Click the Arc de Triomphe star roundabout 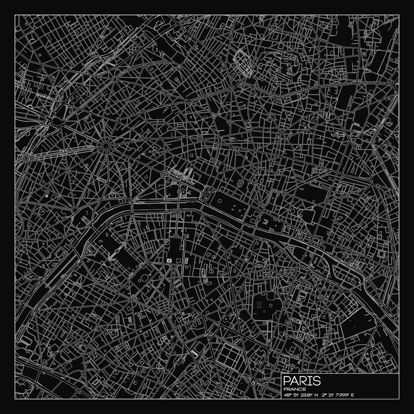pyautogui.click(x=106, y=146)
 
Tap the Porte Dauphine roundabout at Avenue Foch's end pyautogui.click(x=28, y=158)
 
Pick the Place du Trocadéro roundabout pyautogui.click(x=75, y=210)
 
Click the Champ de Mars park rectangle pyautogui.click(x=112, y=253)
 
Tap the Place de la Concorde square pyautogui.click(x=207, y=193)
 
